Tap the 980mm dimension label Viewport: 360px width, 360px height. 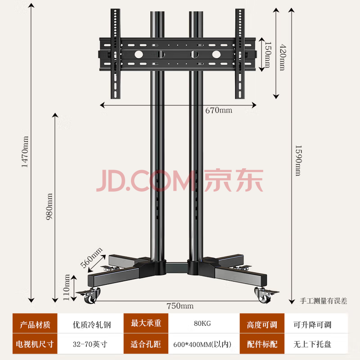[49, 206]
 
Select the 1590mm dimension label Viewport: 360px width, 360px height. [297, 160]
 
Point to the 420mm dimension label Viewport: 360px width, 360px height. [282, 57]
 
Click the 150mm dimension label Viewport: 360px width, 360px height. [267, 54]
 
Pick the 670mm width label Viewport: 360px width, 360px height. [219, 110]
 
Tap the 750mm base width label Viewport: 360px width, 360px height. [180, 306]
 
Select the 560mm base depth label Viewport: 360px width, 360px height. [91, 257]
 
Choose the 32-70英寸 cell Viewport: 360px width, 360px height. [90, 344]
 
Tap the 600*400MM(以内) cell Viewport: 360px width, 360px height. [202, 344]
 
